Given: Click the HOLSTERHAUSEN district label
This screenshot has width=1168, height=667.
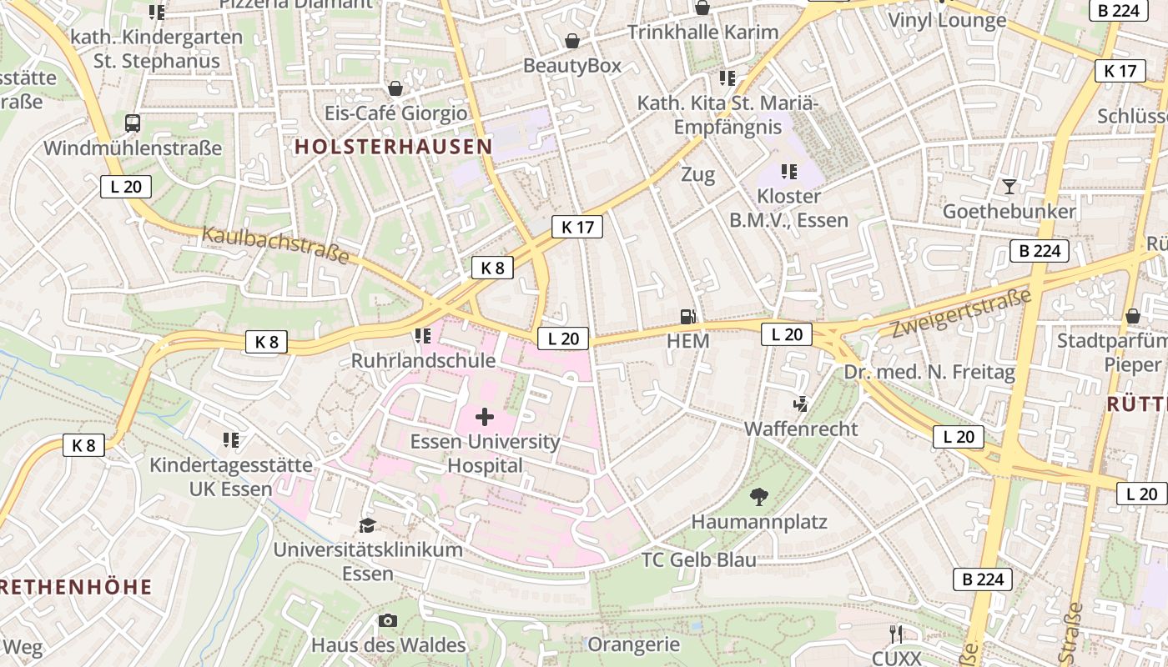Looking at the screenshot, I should (393, 147).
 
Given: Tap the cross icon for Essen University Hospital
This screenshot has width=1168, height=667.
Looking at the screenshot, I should (485, 416).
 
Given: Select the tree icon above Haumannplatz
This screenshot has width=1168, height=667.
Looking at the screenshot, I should (758, 497).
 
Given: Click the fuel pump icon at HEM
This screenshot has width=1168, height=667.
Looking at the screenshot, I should (688, 316).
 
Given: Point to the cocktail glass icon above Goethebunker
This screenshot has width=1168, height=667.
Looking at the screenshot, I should (1009, 186).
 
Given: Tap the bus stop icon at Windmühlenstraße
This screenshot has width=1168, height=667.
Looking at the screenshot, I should (133, 123).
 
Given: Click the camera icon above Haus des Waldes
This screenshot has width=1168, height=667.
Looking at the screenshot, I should (388, 620).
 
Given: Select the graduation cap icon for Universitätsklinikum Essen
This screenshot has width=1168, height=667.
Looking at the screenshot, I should (367, 525).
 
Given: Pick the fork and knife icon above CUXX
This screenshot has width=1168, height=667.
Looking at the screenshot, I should (896, 634).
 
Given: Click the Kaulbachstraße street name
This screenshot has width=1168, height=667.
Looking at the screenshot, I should (275, 244).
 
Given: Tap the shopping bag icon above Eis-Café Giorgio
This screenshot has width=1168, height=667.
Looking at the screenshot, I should (395, 88).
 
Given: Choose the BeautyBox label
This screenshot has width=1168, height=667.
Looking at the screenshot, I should (572, 65).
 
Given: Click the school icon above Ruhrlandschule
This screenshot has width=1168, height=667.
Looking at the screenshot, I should (423, 336).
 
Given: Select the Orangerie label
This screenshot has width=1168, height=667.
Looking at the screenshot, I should (634, 644).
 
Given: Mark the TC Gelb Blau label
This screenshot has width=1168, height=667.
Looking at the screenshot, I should (699, 559).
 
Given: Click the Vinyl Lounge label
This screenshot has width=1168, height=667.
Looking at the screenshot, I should (947, 20).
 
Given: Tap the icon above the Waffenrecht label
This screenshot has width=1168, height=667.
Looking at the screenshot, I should (800, 404).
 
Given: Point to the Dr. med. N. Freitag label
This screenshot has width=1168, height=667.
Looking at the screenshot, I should (929, 372).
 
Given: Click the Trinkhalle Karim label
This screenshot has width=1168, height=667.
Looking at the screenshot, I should (702, 33).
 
